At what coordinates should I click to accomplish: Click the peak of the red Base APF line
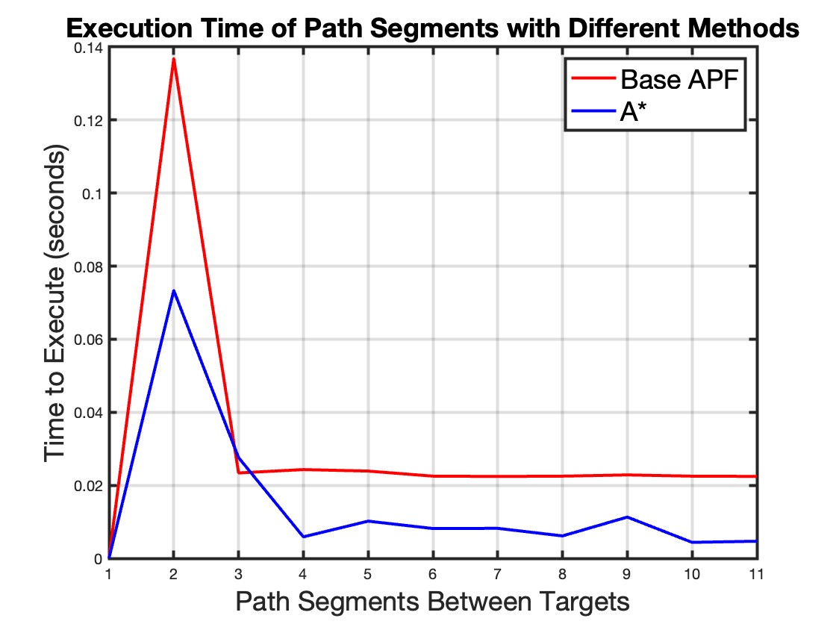point(174,58)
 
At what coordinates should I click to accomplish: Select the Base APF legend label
point(679,80)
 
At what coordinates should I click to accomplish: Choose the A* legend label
point(634,113)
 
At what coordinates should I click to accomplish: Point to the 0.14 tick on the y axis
point(90,47)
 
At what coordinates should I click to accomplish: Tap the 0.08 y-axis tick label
point(90,266)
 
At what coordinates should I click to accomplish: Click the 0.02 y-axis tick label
point(90,486)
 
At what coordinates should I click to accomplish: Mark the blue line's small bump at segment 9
point(627,517)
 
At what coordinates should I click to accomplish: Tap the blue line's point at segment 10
point(692,542)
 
